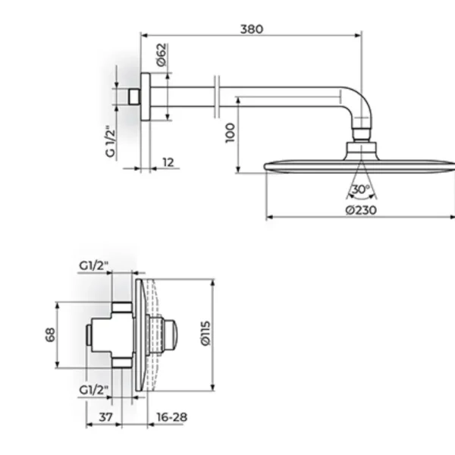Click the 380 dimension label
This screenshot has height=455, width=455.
[x=252, y=29]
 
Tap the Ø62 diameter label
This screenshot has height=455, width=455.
[x=162, y=55]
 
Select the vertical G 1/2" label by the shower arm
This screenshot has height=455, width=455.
[x=111, y=141]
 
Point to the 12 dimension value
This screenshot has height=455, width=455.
[x=168, y=162]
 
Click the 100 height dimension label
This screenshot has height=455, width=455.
[x=230, y=133]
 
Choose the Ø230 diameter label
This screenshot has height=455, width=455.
[x=361, y=210]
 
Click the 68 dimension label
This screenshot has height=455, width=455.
[x=51, y=334]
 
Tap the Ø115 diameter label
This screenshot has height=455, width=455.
[x=206, y=333]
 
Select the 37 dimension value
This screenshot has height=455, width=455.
[x=105, y=417]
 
